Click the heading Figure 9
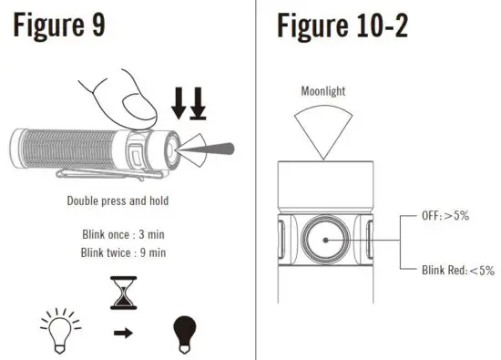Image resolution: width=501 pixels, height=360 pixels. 69,27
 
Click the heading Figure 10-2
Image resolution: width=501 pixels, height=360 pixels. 343,27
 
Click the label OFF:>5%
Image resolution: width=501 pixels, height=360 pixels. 446,216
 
